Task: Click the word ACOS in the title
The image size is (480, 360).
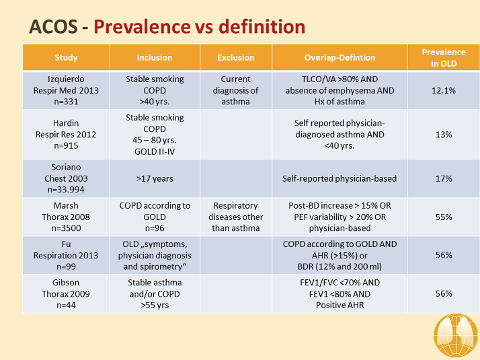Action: click(x=53, y=27)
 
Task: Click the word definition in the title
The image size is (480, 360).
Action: click(x=262, y=26)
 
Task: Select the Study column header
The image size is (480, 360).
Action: click(x=66, y=58)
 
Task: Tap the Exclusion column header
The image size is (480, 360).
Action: click(x=236, y=58)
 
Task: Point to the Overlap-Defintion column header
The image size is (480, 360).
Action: click(x=339, y=58)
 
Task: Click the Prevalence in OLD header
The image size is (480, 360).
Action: click(x=444, y=58)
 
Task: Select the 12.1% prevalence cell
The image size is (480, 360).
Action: click(x=444, y=91)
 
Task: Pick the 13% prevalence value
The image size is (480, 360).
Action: click(x=444, y=135)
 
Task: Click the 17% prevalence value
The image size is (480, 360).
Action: click(x=444, y=178)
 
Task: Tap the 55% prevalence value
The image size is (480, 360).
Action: click(x=444, y=217)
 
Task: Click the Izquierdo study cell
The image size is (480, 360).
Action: click(x=66, y=91)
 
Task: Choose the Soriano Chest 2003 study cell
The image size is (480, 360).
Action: click(x=66, y=178)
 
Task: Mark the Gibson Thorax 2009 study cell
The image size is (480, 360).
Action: click(x=66, y=294)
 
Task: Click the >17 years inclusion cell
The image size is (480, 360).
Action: click(x=155, y=178)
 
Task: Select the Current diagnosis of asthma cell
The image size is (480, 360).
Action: click(x=236, y=91)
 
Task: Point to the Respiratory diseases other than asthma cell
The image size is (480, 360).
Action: click(x=236, y=217)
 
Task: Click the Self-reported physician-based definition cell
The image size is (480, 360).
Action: click(x=339, y=178)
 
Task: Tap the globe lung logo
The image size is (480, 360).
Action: click(x=456, y=335)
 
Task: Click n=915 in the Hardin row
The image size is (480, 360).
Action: click(x=66, y=146)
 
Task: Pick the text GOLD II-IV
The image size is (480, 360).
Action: click(x=155, y=151)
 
